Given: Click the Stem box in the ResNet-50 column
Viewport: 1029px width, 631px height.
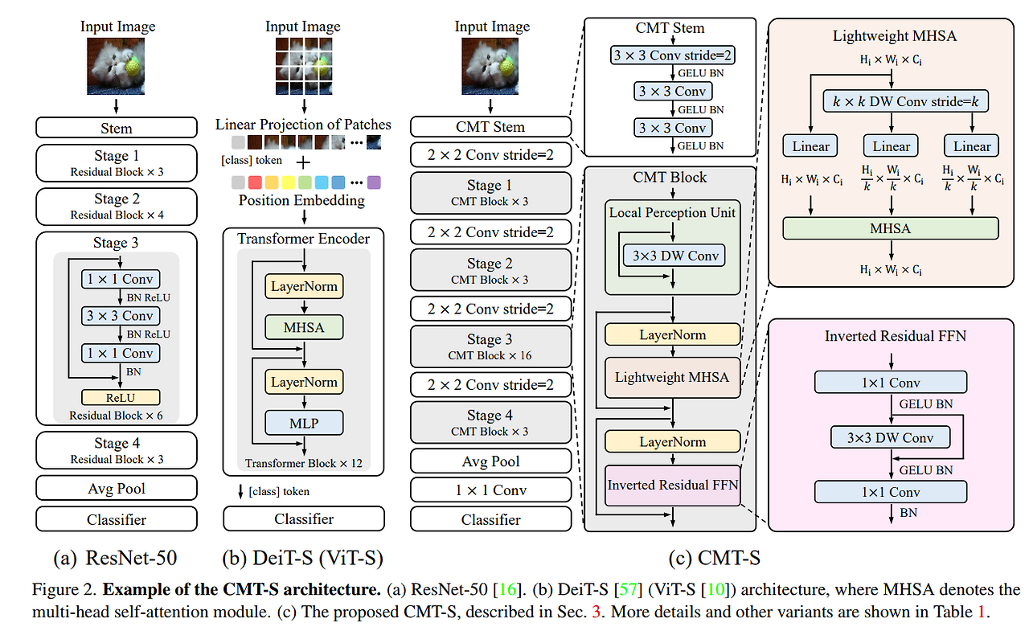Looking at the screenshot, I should [117, 128].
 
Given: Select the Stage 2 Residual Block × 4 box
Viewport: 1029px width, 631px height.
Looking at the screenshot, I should [117, 206].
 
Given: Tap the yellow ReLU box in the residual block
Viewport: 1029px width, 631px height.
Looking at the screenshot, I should [120, 397].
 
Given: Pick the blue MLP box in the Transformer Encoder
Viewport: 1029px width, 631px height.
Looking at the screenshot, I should [304, 422].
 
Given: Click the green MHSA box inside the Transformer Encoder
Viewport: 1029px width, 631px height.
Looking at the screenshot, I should [304, 327].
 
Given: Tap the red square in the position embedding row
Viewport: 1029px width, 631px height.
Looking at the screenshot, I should [256, 182].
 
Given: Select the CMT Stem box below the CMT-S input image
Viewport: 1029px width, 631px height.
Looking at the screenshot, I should [490, 127].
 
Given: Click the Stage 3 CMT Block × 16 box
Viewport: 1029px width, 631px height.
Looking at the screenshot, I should [490, 346].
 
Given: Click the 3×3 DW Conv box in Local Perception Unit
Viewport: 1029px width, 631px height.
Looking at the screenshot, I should [672, 256].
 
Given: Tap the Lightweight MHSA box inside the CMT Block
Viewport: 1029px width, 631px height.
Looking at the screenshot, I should [672, 377].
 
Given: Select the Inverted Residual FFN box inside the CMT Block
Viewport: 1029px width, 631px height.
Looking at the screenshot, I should [672, 486].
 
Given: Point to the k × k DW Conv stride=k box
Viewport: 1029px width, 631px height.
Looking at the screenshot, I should [905, 101].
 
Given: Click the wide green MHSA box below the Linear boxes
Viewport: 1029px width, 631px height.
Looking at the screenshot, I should [890, 228].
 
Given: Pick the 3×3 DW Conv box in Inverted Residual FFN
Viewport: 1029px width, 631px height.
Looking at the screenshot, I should [890, 438].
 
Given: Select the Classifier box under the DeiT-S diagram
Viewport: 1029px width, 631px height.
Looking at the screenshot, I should [304, 519].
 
